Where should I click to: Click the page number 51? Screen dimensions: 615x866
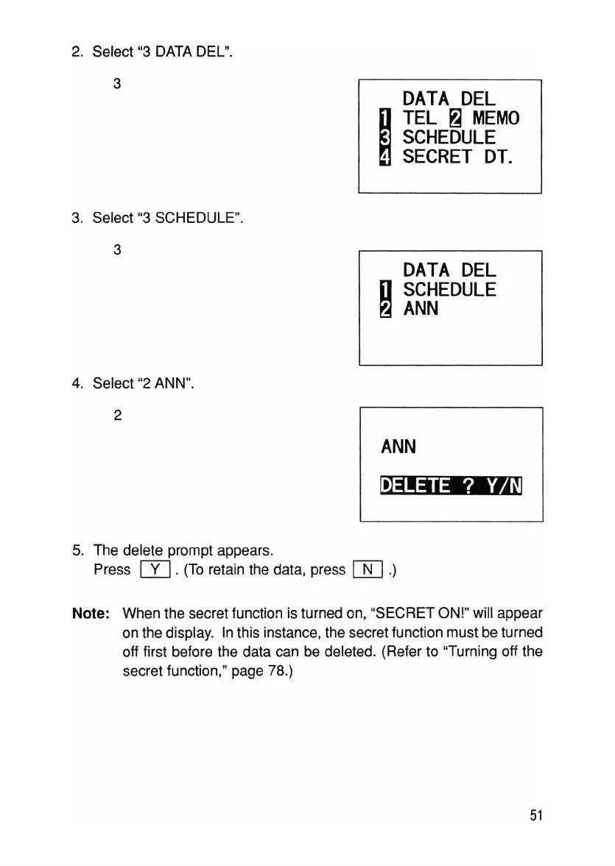click(535, 814)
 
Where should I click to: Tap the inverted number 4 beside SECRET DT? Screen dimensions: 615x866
click(384, 157)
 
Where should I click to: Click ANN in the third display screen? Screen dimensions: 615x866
click(398, 447)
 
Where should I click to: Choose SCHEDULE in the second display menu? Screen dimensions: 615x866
click(449, 290)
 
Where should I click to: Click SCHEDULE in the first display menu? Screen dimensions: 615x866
click(449, 138)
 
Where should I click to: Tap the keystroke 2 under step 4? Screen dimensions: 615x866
click(118, 415)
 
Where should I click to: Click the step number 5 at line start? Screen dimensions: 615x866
click(77, 550)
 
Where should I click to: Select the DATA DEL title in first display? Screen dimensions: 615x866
click(449, 98)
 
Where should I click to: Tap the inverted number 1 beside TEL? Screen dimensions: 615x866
click(384, 118)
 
